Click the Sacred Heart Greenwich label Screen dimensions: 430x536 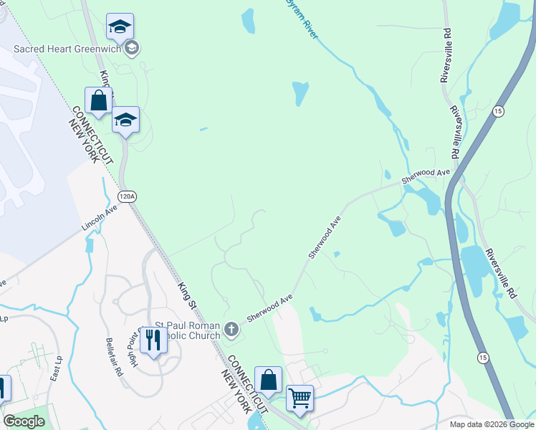pyautogui.click(x=67, y=49)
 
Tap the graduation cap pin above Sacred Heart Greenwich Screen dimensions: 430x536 pyautogui.click(x=120, y=27)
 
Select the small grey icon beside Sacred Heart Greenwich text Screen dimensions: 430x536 pyautogui.click(x=131, y=49)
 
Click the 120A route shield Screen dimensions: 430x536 pyautogui.click(x=127, y=196)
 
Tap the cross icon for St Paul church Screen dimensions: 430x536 pyautogui.click(x=231, y=329)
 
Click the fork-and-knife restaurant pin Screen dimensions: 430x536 pyautogui.click(x=153, y=339)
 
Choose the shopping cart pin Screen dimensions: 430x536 pyautogui.click(x=300, y=397)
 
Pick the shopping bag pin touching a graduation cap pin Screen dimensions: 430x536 pyautogui.click(x=99, y=101)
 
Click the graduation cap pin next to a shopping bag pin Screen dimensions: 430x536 pyautogui.click(x=125, y=120)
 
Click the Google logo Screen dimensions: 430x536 pyautogui.click(x=24, y=421)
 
